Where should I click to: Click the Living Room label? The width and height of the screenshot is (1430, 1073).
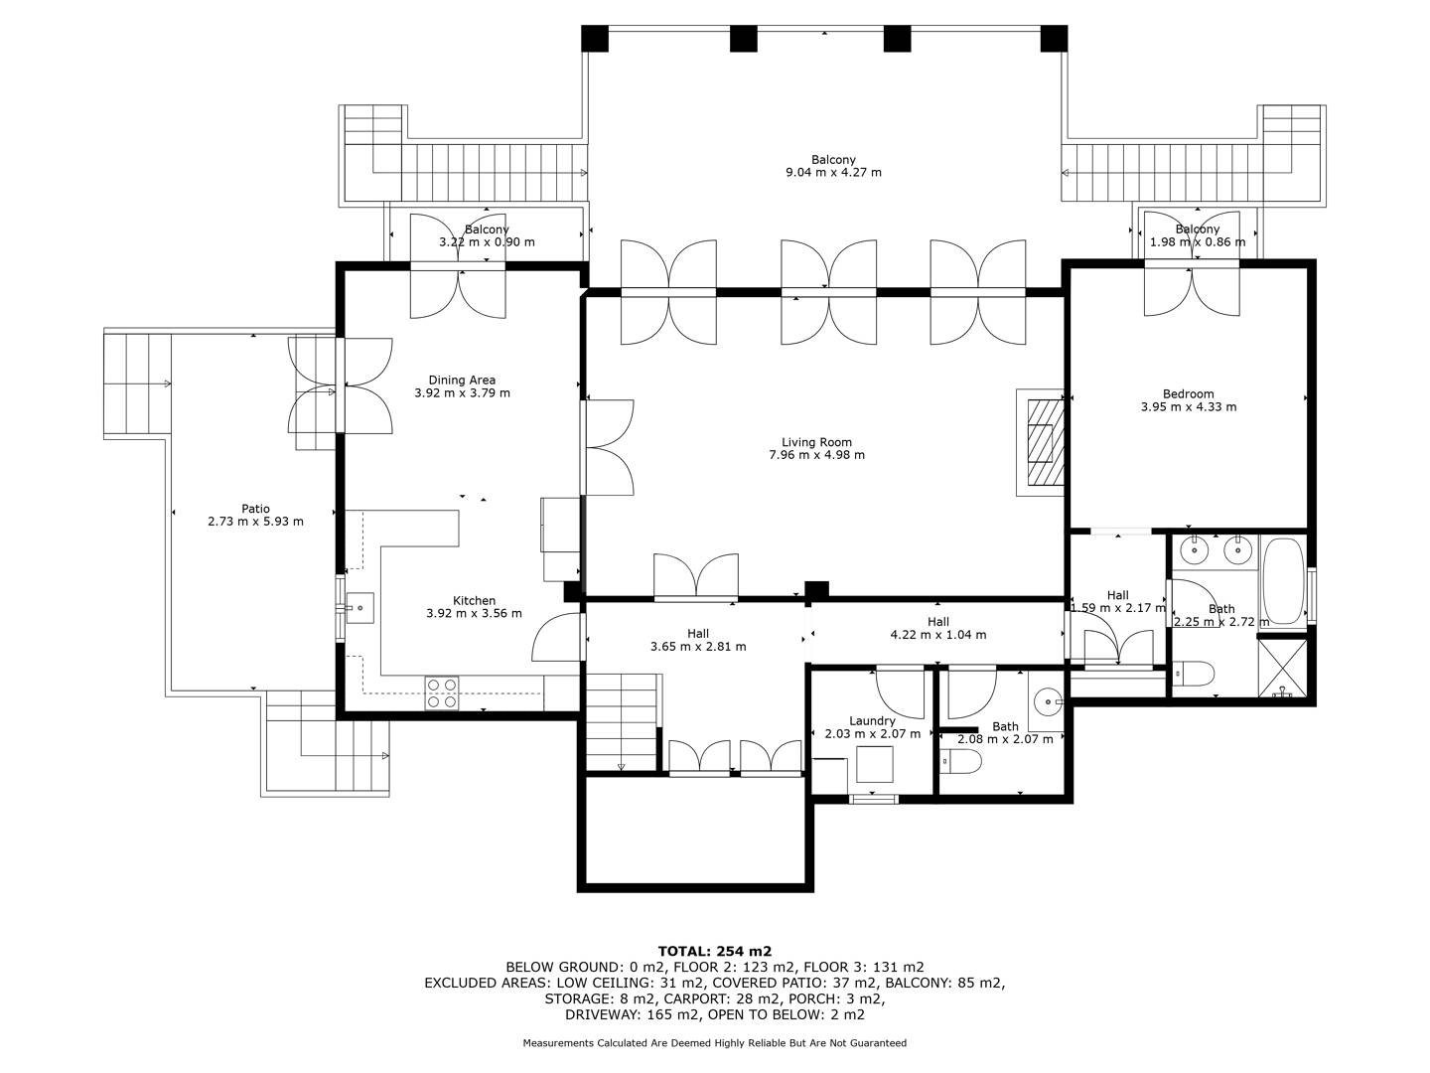pos(816,442)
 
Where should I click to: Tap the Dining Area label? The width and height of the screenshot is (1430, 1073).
pos(462,380)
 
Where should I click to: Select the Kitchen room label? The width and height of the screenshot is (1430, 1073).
pos(474,601)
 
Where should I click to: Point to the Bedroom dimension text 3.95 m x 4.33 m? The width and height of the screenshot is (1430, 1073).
pos(1188,407)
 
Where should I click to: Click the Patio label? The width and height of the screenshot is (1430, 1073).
pos(255,509)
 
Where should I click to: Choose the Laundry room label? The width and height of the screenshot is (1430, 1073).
pos(872,721)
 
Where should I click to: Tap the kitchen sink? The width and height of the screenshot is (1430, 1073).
pos(359,608)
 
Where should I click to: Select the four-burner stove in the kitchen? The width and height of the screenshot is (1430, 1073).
pos(441,693)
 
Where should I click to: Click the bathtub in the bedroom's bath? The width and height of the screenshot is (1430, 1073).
pos(1283,581)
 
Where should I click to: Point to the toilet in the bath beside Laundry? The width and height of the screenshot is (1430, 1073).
pos(961,761)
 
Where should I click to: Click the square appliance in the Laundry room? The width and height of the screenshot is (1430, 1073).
pos(874,764)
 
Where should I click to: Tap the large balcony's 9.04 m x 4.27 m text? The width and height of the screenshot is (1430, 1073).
pos(833,173)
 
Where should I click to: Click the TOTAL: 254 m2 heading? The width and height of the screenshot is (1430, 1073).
pos(715,951)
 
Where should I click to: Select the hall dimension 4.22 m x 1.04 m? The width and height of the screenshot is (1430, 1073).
pos(938,635)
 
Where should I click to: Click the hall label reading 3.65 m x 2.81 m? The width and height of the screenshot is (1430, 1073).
pos(698,646)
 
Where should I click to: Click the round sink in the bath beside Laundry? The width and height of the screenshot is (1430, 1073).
pos(1048,702)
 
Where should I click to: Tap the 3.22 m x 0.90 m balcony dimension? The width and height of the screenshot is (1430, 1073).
pos(487,242)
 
